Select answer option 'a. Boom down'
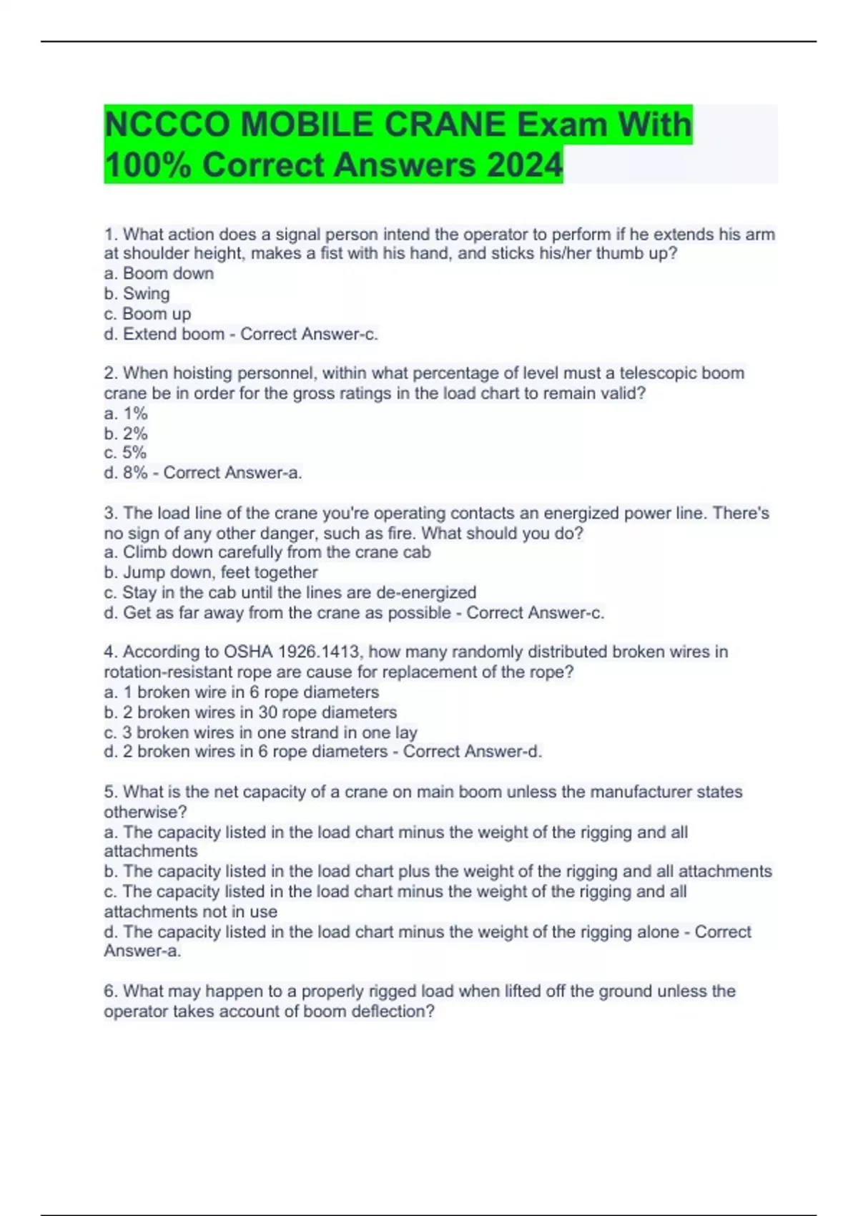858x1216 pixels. click(159, 273)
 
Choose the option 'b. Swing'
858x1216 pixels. click(137, 293)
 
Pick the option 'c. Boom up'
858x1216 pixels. click(147, 313)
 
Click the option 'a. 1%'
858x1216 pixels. click(126, 413)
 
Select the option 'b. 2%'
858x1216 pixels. click(126, 433)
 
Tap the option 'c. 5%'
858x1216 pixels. click(125, 453)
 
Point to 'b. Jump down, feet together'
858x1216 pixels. click(211, 572)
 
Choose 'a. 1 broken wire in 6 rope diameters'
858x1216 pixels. click(242, 692)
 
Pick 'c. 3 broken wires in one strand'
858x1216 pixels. click(260, 732)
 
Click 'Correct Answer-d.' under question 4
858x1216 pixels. click(473, 752)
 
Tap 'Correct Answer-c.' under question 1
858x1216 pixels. click(309, 334)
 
